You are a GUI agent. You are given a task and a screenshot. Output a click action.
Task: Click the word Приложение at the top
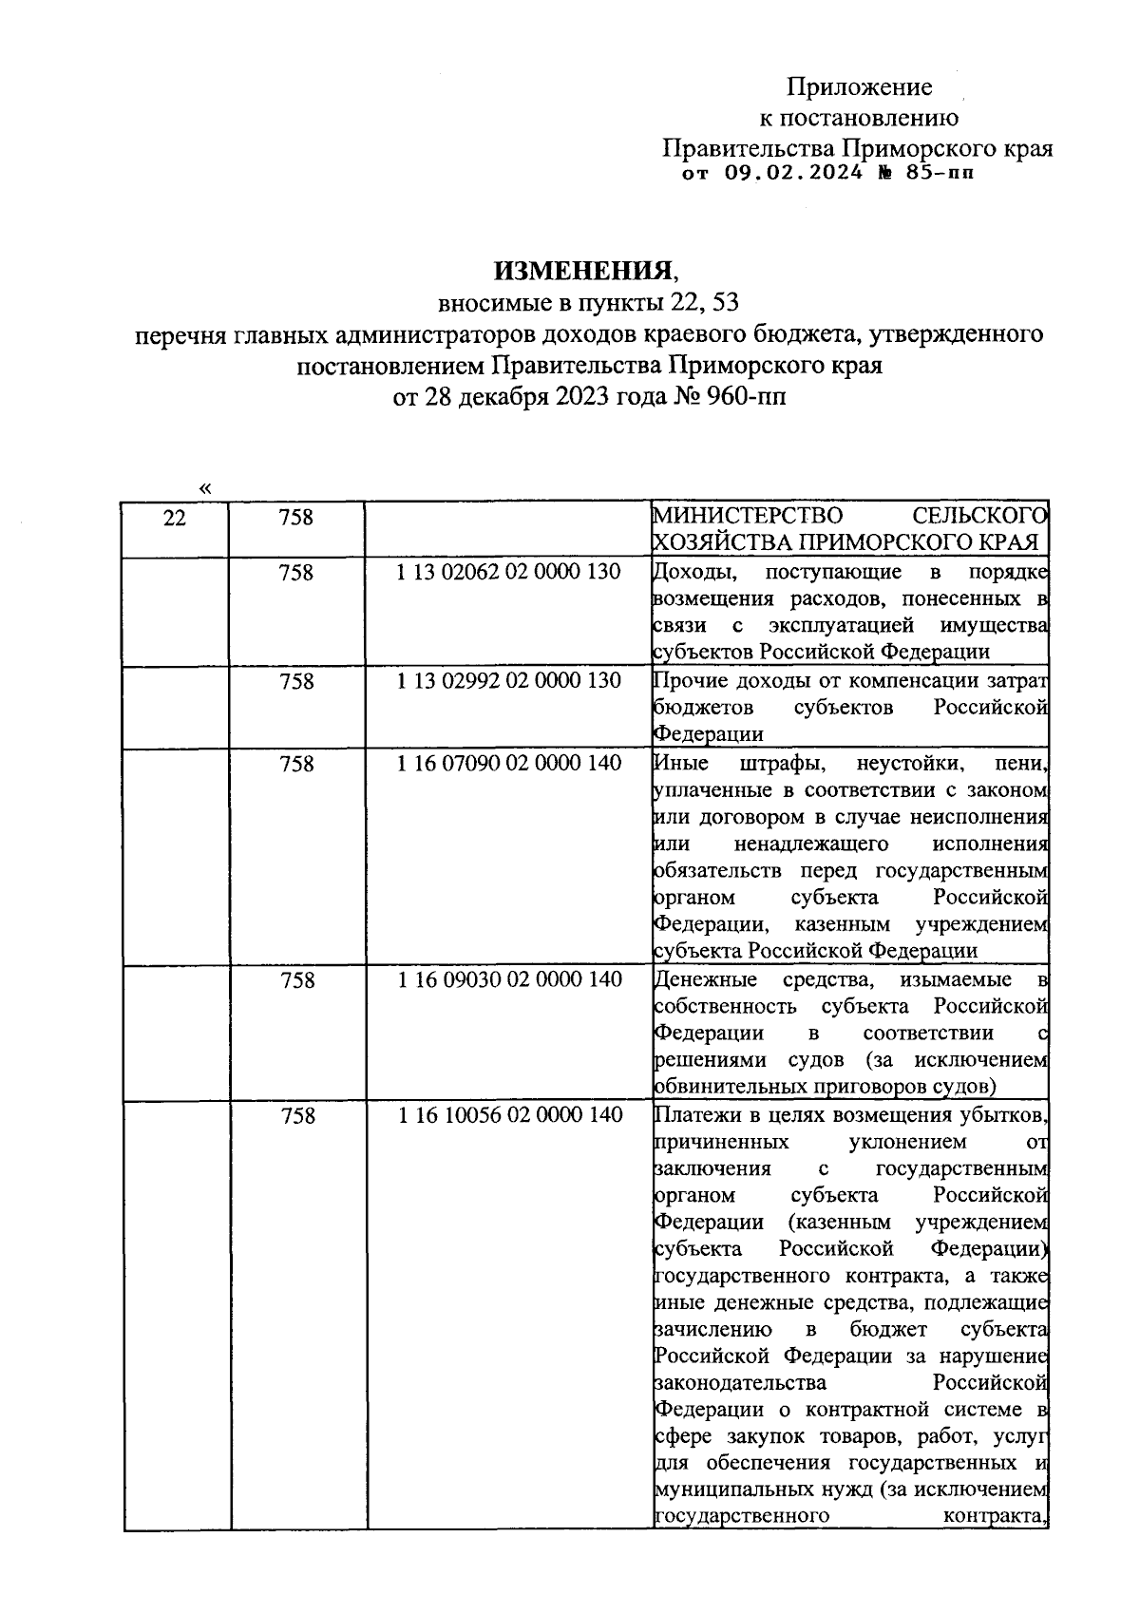pos(859,87)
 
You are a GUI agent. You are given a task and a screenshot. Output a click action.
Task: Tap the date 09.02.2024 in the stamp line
pos(794,173)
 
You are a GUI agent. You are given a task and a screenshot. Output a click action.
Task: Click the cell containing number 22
pos(175,518)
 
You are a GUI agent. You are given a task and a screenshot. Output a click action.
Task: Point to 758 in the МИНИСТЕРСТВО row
pos(296,518)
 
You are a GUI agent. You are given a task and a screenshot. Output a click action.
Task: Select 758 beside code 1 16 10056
pos(296,1116)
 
